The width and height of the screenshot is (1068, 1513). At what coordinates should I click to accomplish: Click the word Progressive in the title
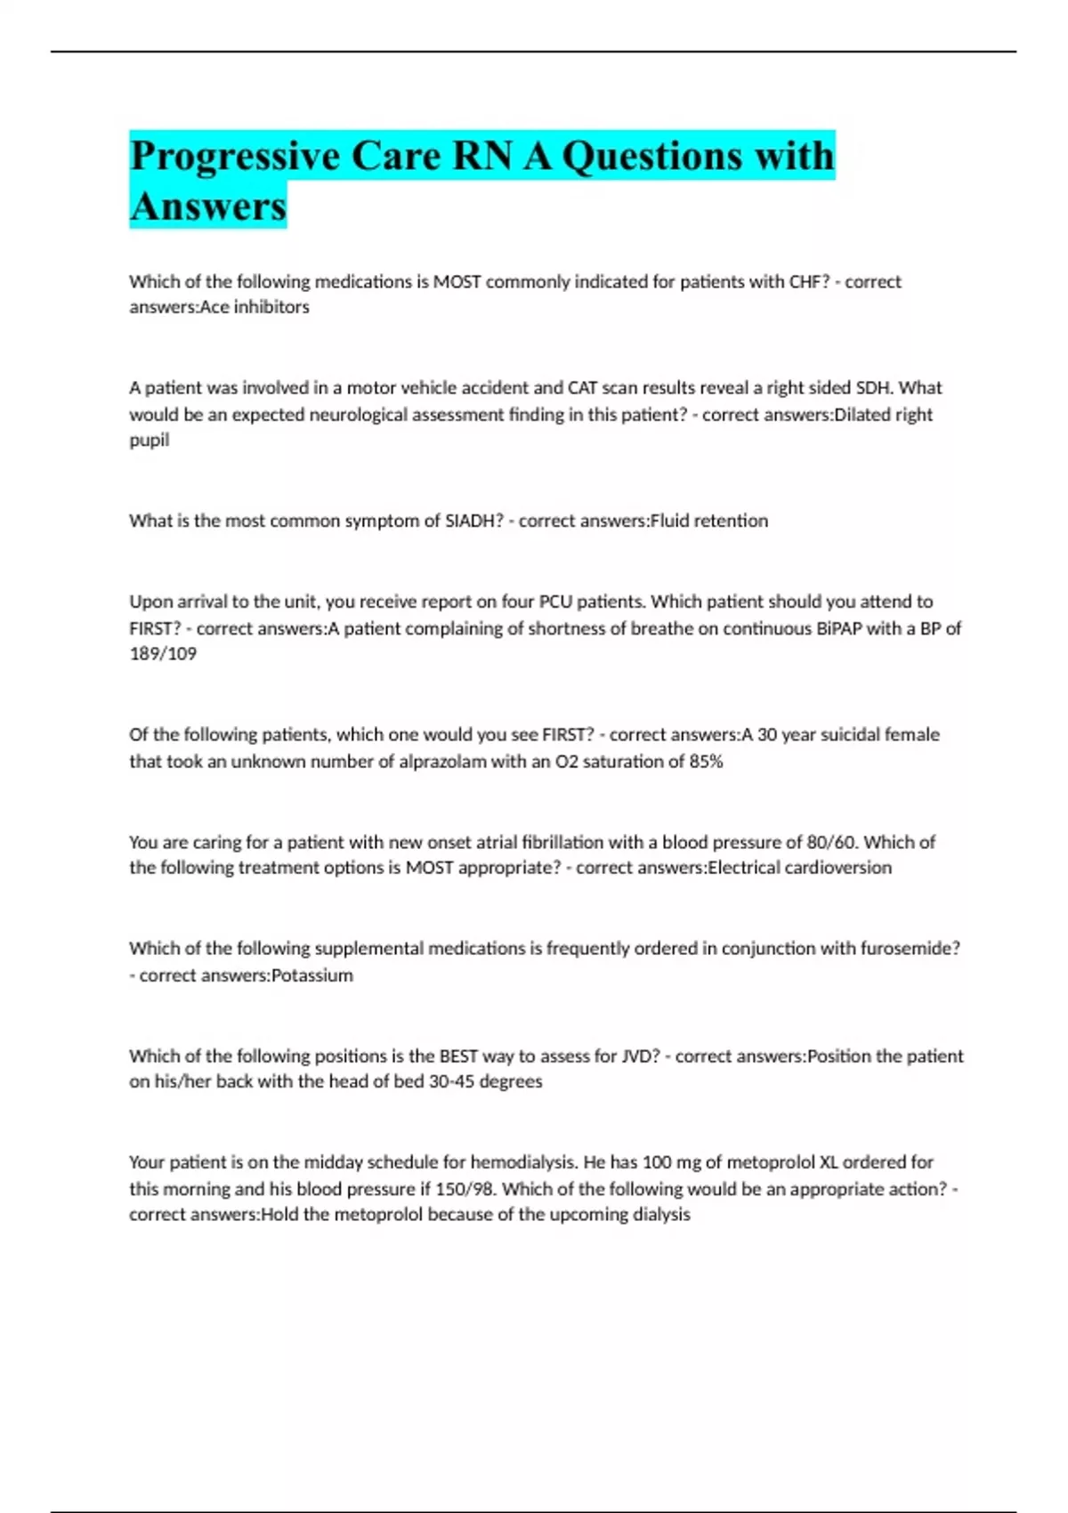[x=235, y=157]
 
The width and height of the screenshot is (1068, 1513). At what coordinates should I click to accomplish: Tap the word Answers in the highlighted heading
[x=208, y=206]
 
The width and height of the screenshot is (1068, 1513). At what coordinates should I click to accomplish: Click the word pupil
[x=149, y=441]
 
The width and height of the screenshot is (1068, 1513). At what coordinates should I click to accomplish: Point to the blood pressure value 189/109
[x=163, y=654]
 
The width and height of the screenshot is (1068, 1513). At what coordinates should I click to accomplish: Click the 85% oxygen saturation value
[x=706, y=762]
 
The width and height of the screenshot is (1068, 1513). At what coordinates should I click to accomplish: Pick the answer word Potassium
[x=311, y=975]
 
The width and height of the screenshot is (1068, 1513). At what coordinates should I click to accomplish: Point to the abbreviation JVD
[x=640, y=1056]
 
